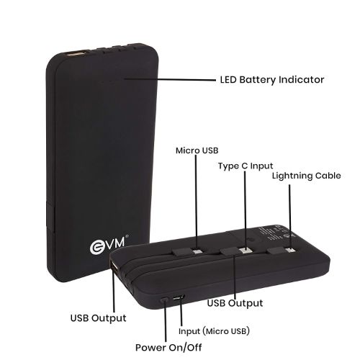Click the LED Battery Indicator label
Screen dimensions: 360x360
click(x=272, y=80)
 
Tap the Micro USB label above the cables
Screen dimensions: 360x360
click(x=197, y=150)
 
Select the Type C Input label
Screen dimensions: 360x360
click(x=246, y=166)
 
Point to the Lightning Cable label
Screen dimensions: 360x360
click(x=306, y=176)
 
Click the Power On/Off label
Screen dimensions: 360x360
click(x=168, y=347)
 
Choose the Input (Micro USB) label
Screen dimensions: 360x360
click(x=214, y=331)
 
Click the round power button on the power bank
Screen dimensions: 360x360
click(x=164, y=300)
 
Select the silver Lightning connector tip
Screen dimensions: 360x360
click(x=290, y=251)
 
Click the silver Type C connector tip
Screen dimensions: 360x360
click(x=246, y=251)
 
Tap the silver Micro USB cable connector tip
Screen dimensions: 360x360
click(x=197, y=252)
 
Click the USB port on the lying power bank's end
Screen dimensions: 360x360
click(x=114, y=267)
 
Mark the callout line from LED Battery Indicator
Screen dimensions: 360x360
click(x=170, y=79)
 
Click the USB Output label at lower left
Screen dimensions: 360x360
click(x=98, y=318)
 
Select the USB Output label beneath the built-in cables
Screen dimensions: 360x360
click(x=235, y=303)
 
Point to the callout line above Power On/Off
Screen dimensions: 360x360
click(x=165, y=320)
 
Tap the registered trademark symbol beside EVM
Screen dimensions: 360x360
click(x=127, y=236)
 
